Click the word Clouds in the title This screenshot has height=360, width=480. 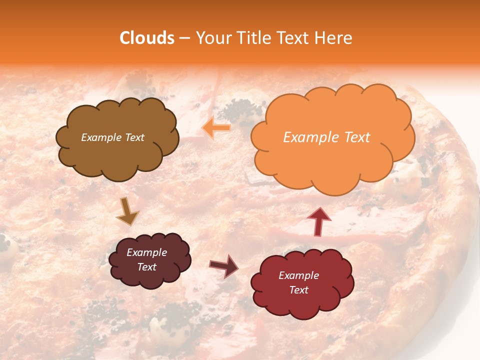[146, 38]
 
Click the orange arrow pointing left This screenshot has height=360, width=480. [216, 128]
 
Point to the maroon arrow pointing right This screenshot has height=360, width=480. [224, 265]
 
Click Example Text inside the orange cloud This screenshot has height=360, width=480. [326, 137]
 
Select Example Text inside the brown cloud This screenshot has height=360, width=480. [112, 137]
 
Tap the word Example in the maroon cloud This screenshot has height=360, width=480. [146, 252]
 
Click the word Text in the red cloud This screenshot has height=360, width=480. [299, 290]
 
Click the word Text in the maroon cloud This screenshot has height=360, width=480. [147, 267]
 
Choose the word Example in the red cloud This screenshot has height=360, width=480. [298, 275]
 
